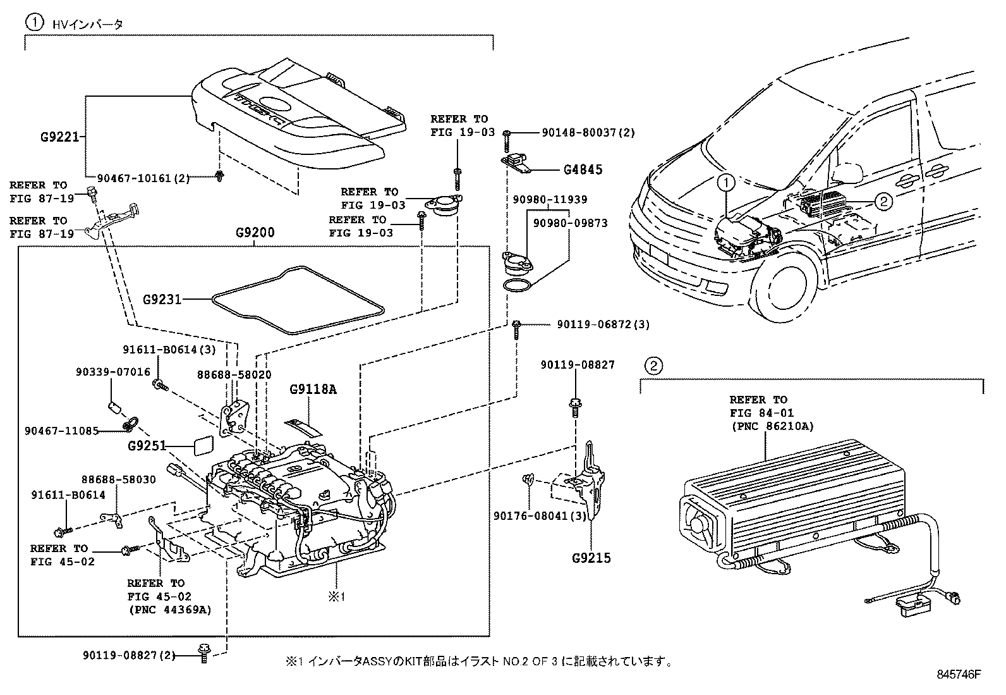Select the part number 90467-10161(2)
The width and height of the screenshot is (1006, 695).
tap(143, 178)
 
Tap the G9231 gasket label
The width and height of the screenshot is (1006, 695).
tap(162, 298)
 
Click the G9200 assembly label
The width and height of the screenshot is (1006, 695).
tap(255, 232)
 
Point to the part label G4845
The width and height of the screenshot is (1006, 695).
tap(583, 169)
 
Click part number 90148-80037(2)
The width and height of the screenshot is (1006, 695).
tap(588, 133)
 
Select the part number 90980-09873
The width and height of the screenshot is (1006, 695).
tap(571, 223)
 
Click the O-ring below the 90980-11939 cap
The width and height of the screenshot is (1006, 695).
tap(518, 285)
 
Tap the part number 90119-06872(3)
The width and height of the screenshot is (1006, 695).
tap(603, 324)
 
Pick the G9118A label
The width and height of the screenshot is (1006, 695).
tap(313, 389)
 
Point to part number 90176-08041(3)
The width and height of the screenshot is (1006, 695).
tap(540, 516)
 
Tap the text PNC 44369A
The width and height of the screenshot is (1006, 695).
tap(169, 610)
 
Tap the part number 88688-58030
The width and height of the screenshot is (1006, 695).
tap(118, 479)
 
